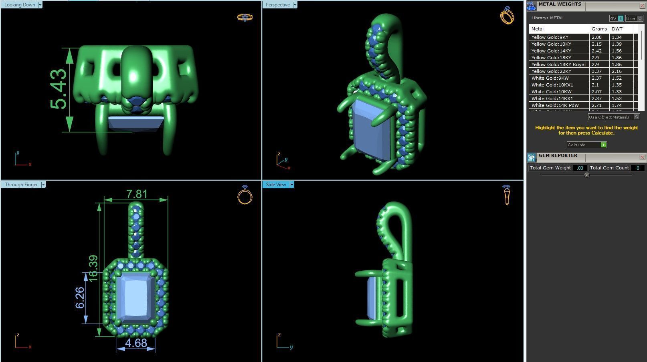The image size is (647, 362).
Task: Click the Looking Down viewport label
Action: click(20, 5)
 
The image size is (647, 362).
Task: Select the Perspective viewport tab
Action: click(278, 5)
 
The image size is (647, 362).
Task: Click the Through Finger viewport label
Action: click(21, 185)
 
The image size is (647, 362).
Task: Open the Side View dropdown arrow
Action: click(292, 185)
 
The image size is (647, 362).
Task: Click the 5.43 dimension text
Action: click(59, 89)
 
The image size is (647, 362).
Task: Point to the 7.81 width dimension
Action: click(136, 194)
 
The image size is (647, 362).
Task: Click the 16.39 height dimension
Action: click(93, 268)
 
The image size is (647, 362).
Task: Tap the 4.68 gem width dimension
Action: click(136, 343)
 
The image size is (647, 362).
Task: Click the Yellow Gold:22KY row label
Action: click(551, 71)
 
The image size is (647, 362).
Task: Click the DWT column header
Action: click(617, 29)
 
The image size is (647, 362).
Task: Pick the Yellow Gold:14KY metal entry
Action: click(551, 51)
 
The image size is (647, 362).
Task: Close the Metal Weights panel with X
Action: click(642, 6)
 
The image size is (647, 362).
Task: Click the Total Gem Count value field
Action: click(637, 168)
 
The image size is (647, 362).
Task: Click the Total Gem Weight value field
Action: click(580, 168)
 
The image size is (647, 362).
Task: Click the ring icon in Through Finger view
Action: click(245, 195)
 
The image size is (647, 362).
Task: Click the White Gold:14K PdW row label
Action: click(555, 105)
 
